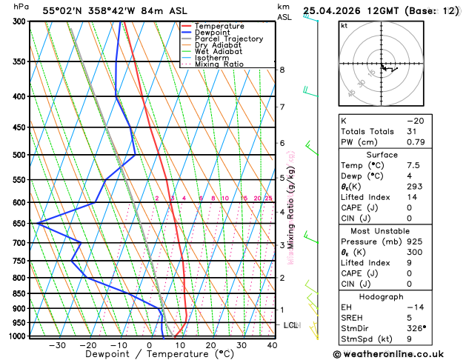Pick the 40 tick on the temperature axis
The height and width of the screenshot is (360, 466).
tap(272, 344)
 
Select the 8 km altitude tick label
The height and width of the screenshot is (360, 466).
tap(282, 70)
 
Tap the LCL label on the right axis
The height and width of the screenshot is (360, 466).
tap(291, 325)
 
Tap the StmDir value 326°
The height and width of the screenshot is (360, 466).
tap(419, 327)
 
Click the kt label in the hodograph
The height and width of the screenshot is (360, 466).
tap(344, 25)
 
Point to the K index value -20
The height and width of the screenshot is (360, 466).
tap(415, 120)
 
